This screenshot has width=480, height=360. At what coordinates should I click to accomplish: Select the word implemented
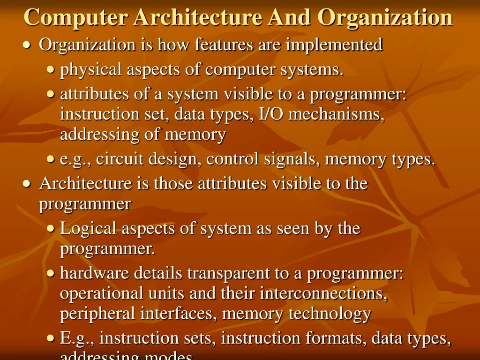(334, 45)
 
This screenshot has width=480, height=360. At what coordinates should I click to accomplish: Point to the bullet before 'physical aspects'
(51, 70)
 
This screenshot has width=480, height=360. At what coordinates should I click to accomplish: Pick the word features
(218, 45)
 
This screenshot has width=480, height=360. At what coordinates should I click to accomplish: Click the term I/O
(271, 114)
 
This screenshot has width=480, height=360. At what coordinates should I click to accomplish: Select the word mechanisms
(337, 114)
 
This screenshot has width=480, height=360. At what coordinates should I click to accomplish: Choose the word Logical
(89, 229)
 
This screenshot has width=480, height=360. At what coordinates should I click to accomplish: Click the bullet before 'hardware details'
(51, 274)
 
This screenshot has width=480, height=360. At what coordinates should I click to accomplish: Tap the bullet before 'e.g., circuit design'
(51, 160)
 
